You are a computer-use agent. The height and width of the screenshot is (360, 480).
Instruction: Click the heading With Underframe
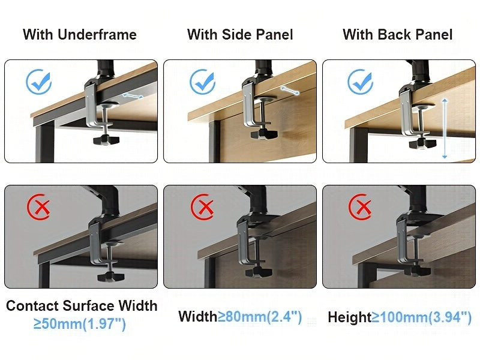(x=80, y=35)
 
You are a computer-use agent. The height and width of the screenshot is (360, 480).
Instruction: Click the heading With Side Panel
(x=240, y=35)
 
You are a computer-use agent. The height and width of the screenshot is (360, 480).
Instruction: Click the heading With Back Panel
(x=397, y=35)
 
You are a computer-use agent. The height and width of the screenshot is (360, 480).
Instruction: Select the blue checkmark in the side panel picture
(x=202, y=83)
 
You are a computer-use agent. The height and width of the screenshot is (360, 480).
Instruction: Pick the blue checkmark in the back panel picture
(x=361, y=82)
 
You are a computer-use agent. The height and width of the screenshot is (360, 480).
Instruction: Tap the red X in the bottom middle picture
(x=202, y=208)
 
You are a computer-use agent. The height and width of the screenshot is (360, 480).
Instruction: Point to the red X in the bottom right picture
(x=362, y=208)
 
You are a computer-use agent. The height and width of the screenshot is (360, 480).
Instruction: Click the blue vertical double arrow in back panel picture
(x=445, y=127)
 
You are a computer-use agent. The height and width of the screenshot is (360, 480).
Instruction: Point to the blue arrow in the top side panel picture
(x=290, y=90)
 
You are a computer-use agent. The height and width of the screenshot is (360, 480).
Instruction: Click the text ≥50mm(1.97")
(x=80, y=325)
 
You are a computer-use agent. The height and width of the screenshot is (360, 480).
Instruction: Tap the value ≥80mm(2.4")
(x=260, y=316)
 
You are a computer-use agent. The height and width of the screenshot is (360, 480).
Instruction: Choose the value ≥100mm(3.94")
(x=421, y=317)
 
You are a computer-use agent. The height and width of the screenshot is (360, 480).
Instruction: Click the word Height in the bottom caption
(x=349, y=317)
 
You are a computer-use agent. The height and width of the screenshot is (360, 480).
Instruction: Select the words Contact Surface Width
(x=82, y=306)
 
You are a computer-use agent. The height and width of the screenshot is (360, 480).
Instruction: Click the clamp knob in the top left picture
(x=107, y=140)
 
